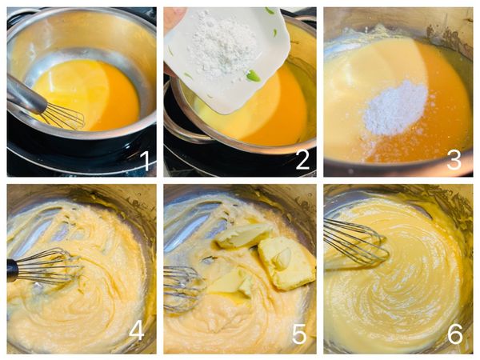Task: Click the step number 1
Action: click(x=145, y=161)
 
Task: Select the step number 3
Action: click(x=454, y=160)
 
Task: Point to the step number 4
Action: click(x=137, y=331)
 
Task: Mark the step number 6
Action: click(x=455, y=333)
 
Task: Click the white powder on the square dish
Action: click(x=222, y=46)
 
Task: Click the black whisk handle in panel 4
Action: click(x=13, y=270)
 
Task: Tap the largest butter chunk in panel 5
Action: click(x=286, y=263)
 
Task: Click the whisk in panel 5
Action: click(x=184, y=288)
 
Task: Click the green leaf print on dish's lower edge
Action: click(x=254, y=76)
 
